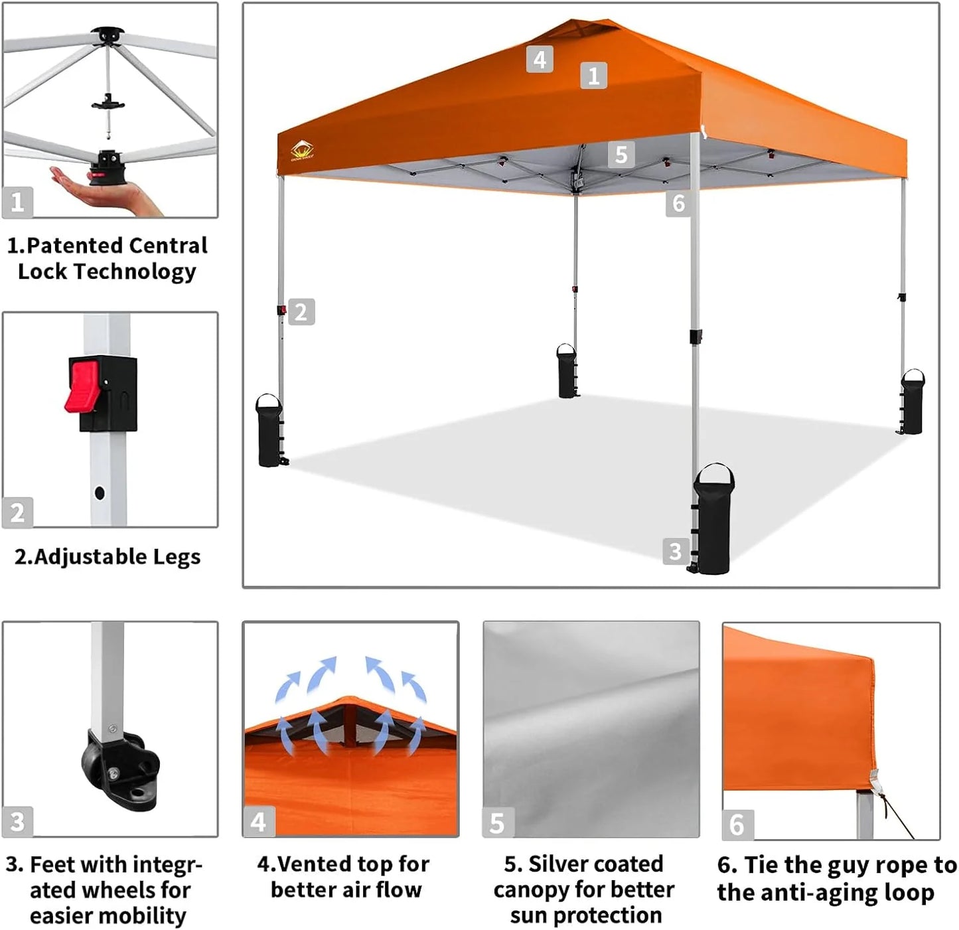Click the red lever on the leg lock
pos(83,386)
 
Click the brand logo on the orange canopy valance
pos(302,151)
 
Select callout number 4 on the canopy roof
pos(540,59)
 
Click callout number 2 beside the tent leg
pos(301,312)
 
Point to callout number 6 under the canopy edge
pos(678,203)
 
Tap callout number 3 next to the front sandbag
pos(675,551)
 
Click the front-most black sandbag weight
pos(713,521)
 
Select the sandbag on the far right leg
pos(912,403)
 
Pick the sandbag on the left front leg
pos(269,432)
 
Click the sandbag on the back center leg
pos(567,372)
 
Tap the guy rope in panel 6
pos(897,817)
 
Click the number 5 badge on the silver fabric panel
pos(497,822)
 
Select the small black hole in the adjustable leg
pos(100,493)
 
